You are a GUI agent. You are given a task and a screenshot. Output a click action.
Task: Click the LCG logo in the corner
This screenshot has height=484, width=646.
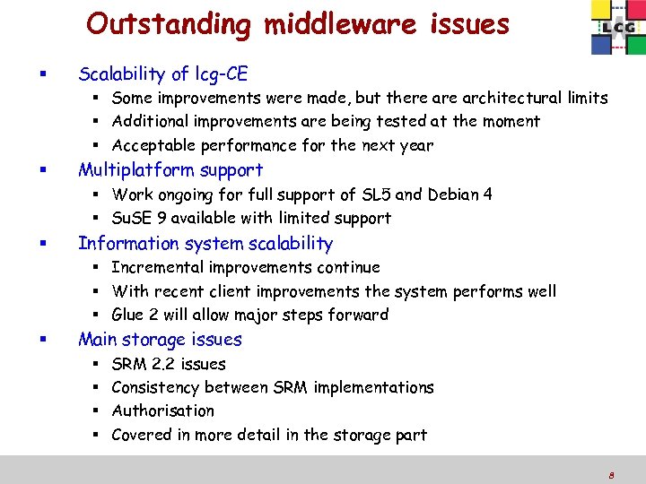click(616, 28)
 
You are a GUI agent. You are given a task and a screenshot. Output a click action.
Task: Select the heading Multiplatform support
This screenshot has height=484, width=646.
click(170, 170)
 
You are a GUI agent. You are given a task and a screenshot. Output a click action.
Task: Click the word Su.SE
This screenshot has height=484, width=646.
click(133, 218)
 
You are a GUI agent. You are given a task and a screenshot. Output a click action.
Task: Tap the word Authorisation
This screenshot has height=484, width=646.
click(163, 411)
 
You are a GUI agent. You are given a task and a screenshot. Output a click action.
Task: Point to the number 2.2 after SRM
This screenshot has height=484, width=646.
click(162, 364)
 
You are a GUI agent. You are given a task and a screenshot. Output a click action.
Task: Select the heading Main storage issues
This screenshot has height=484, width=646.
click(160, 340)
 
